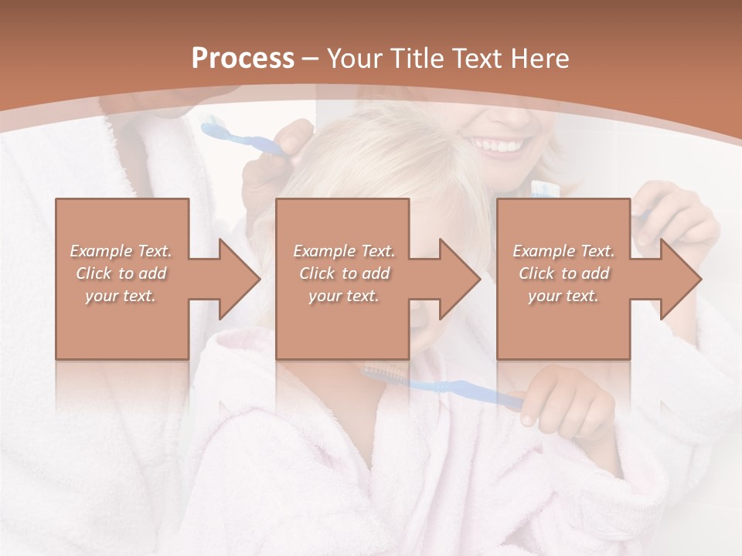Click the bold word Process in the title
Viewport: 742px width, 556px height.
click(x=243, y=59)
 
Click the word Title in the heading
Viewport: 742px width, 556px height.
click(x=418, y=59)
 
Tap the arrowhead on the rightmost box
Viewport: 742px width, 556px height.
click(x=679, y=279)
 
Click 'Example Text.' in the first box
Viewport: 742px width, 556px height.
click(x=121, y=251)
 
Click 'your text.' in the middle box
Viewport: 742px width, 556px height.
click(x=343, y=296)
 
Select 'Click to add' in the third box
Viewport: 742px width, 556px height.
click(x=563, y=273)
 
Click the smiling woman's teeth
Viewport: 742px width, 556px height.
click(x=500, y=145)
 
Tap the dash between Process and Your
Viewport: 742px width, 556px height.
click(x=310, y=59)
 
